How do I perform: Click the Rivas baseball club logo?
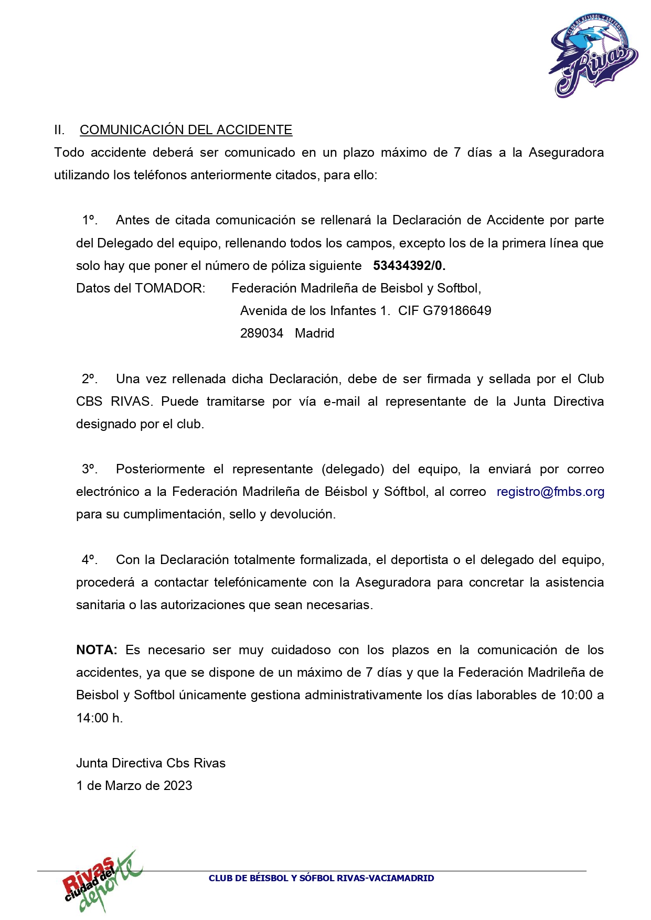[593, 56]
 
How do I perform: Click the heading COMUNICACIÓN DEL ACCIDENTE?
[186, 130]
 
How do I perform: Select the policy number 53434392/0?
[409, 266]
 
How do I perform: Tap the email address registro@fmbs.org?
[550, 492]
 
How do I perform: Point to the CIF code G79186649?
[457, 311]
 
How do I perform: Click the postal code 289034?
[261, 333]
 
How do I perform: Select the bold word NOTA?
[97, 650]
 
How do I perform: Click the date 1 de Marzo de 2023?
[134, 786]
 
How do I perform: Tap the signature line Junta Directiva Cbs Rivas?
[151, 763]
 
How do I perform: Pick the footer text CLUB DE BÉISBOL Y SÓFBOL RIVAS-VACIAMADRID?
[321, 878]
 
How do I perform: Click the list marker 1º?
[90, 220]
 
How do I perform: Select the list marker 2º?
[90, 379]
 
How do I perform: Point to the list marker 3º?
[90, 469]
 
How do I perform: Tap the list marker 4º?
[90, 560]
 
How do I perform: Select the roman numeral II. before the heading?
[59, 130]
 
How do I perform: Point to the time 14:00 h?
[100, 718]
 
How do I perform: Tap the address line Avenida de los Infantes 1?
[315, 311]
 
